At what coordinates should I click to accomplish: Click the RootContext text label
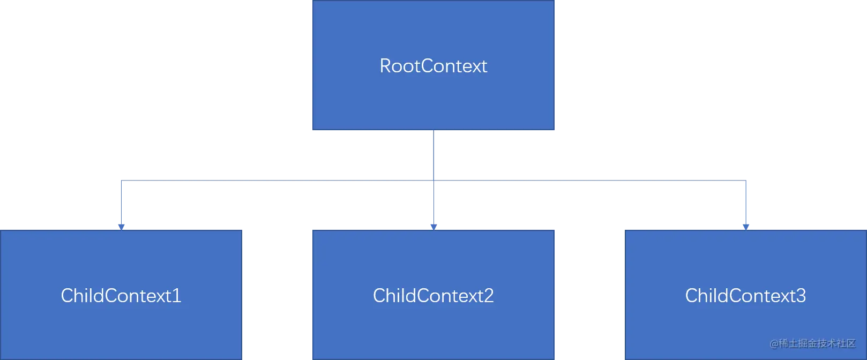click(433, 66)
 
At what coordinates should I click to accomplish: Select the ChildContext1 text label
click(121, 296)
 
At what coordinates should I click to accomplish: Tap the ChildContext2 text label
click(433, 296)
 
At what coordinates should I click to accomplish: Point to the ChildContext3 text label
click(745, 296)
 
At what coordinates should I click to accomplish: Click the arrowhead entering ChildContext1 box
click(121, 227)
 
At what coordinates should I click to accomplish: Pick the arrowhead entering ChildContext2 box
click(433, 227)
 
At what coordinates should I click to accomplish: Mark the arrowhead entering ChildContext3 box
click(746, 227)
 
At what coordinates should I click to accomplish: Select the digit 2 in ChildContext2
click(489, 296)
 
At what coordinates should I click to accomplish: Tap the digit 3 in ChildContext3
click(801, 296)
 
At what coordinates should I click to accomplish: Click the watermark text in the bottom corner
click(812, 343)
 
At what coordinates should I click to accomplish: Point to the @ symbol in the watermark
click(774, 344)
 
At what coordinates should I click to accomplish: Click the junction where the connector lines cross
click(433, 181)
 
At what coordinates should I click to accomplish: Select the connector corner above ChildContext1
click(122, 181)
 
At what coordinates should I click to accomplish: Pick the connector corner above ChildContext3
click(746, 181)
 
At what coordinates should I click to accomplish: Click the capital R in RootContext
click(385, 66)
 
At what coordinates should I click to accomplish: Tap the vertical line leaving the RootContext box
click(433, 155)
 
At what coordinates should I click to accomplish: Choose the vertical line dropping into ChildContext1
click(122, 202)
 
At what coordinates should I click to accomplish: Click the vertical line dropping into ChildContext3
click(746, 202)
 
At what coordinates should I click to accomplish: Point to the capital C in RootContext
click(427, 66)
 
